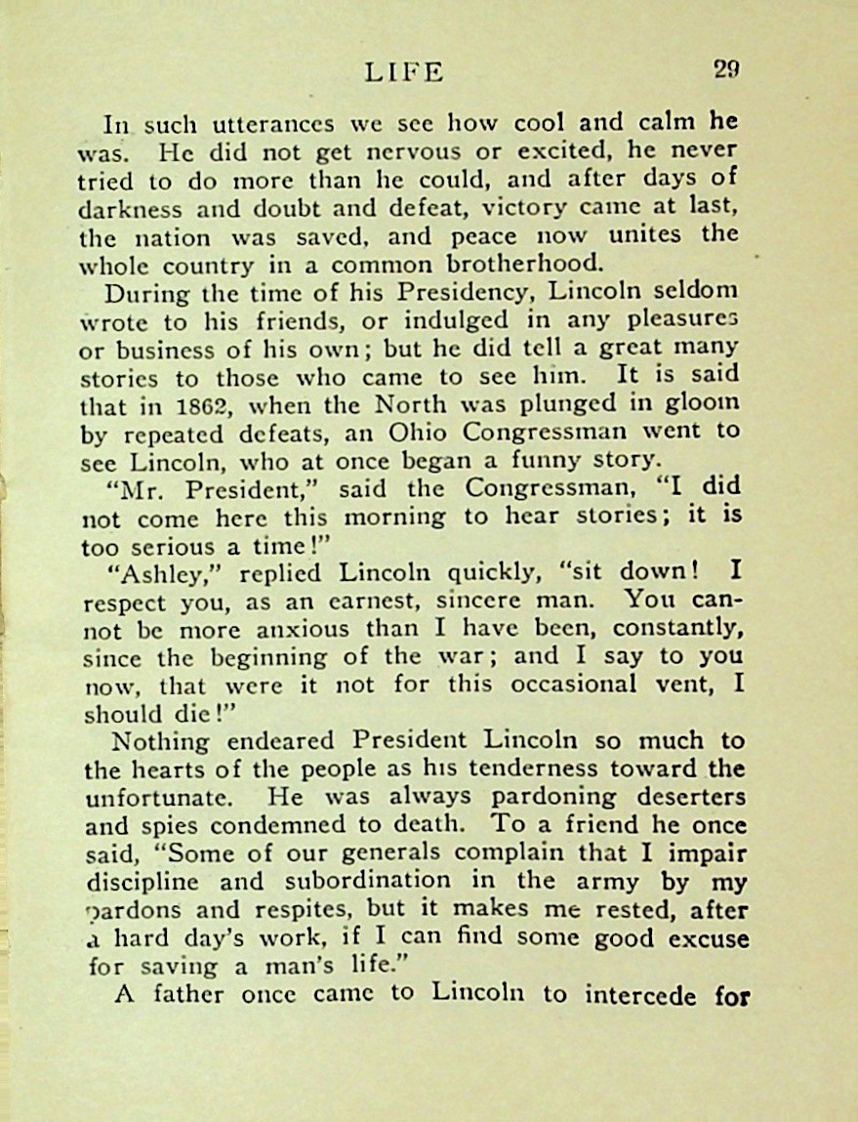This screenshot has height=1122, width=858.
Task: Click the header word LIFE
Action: [403, 71]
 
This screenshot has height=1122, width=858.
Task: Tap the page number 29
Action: [724, 69]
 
